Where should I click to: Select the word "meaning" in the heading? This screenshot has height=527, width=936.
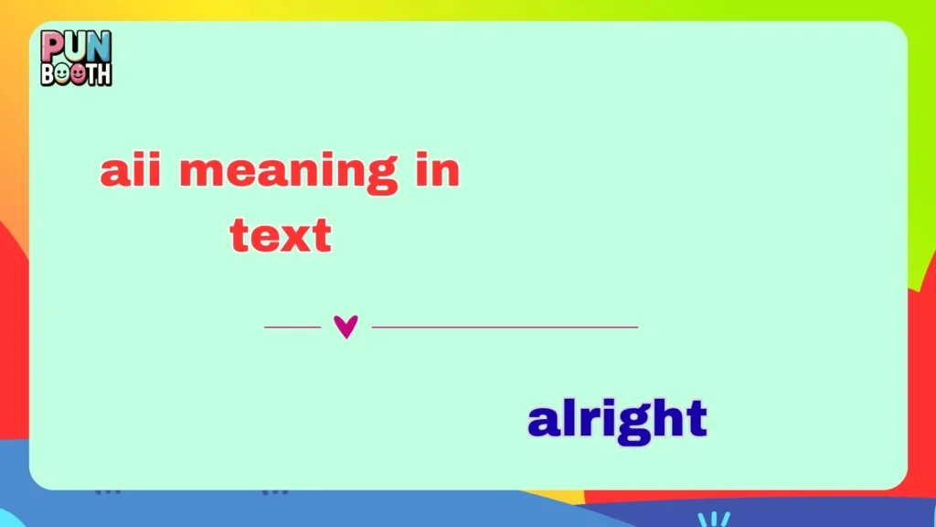289,173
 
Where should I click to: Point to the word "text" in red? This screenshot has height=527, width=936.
280,235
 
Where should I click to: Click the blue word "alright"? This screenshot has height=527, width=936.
618,420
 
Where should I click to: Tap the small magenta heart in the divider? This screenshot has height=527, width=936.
346,327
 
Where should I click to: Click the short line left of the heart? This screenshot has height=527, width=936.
292,327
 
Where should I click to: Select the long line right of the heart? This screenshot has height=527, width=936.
505,327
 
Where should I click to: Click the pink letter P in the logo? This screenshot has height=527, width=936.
51,45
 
